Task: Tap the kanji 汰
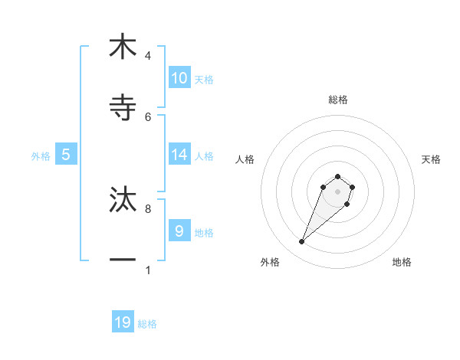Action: tap(123, 199)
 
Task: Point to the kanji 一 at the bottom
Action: tap(123, 260)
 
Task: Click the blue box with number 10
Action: tap(179, 78)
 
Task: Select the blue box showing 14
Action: tap(179, 155)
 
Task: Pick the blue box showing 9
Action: tap(179, 231)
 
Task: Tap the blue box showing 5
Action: tap(66, 155)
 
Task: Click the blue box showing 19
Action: tap(123, 322)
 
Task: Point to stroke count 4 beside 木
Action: tap(148, 55)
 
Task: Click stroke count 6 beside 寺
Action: tap(148, 116)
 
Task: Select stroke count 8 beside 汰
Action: tap(148, 208)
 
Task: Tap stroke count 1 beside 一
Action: tap(148, 270)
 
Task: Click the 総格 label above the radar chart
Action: tap(337, 100)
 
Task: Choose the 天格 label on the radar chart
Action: tap(432, 159)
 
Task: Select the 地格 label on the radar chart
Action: tap(402, 262)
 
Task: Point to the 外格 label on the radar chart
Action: tap(270, 262)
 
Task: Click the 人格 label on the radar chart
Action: tap(245, 159)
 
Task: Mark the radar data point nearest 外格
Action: tap(302, 242)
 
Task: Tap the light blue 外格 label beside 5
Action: tap(41, 155)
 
